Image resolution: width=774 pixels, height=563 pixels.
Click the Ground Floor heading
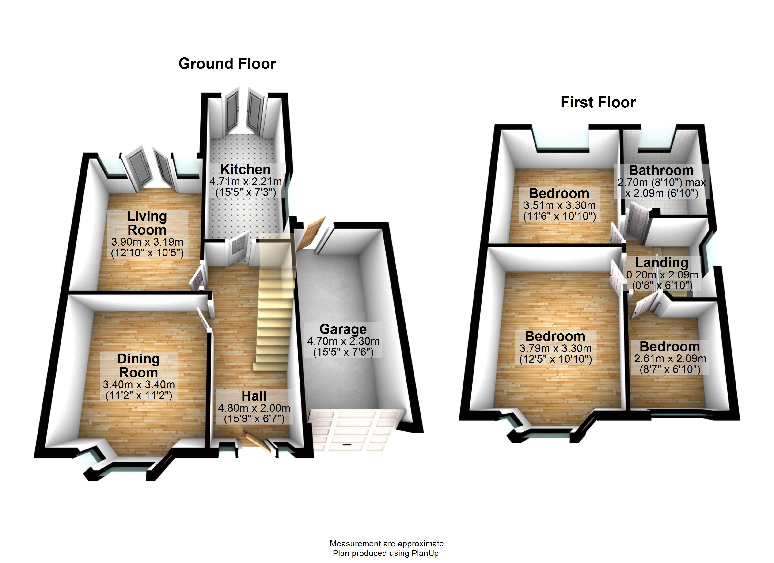[x=227, y=64]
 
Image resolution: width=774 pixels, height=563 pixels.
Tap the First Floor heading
[x=598, y=103]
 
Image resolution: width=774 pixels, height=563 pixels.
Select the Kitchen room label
[x=245, y=169]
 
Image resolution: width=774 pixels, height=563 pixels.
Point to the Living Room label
[x=147, y=223]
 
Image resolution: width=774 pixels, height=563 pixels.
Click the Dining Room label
[x=139, y=365]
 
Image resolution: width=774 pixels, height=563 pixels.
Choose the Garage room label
[x=343, y=329]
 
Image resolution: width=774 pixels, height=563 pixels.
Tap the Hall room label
[x=254, y=396]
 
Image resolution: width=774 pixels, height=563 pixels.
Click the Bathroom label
[x=661, y=170]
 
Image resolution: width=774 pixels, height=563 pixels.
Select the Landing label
[x=661, y=262]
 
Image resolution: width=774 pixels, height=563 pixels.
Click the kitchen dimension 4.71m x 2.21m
[x=245, y=181]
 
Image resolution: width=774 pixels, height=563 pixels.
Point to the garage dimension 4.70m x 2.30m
[x=343, y=341]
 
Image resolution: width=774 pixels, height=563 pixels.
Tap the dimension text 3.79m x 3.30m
[x=555, y=348]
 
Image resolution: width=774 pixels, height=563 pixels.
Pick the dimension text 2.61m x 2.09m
[x=670, y=358]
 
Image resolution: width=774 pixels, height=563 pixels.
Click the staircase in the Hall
[x=275, y=307]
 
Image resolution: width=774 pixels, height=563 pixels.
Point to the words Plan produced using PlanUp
[x=387, y=553]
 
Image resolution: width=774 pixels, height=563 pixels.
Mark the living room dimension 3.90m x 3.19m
[x=147, y=242]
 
